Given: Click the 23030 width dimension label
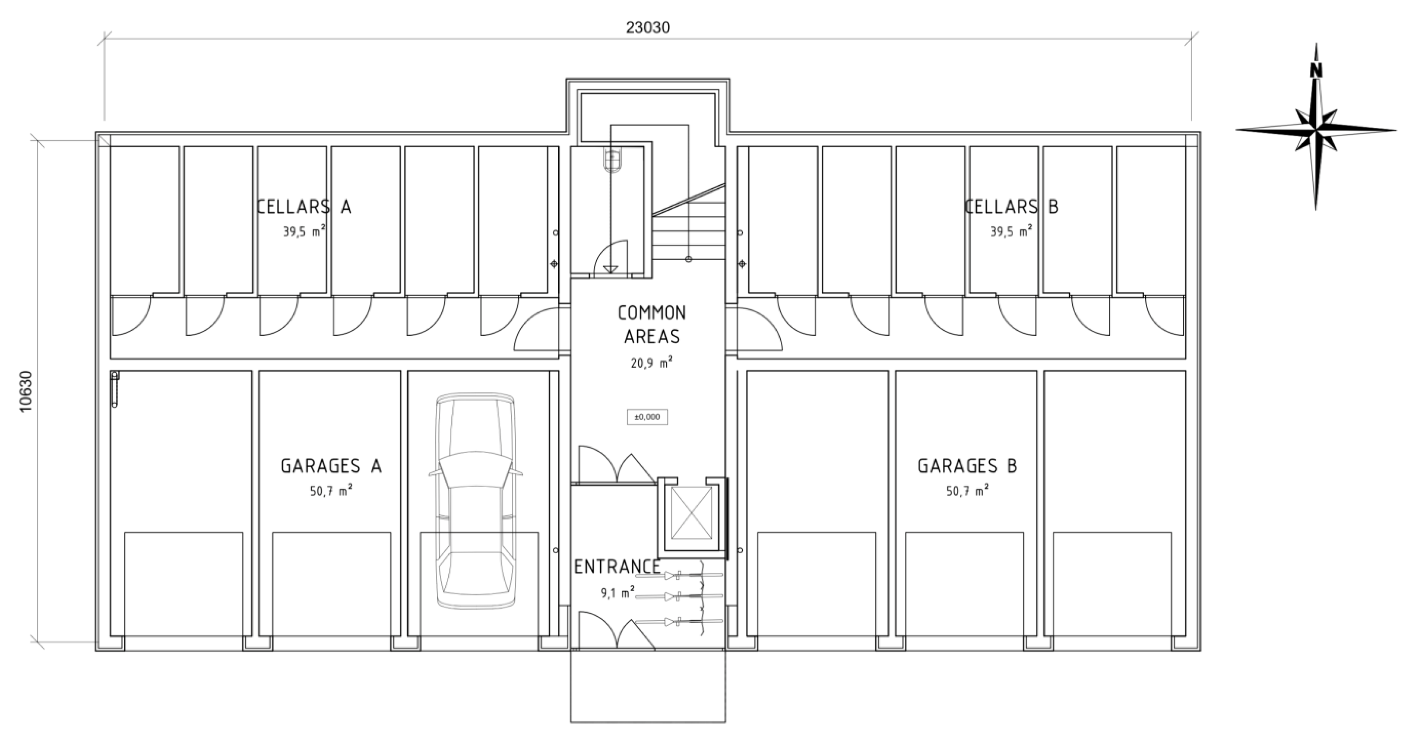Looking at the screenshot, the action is pyautogui.click(x=648, y=27).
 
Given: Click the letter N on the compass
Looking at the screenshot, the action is pyautogui.click(x=1316, y=70).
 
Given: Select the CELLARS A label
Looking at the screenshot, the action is pyautogui.click(x=304, y=207).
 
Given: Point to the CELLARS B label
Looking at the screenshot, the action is pyautogui.click(x=1011, y=207).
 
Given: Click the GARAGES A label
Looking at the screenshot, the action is pyautogui.click(x=331, y=466).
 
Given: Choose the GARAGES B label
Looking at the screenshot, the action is pyautogui.click(x=967, y=466).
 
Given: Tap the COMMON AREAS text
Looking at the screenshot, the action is pyautogui.click(x=652, y=325).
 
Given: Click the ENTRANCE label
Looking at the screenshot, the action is pyautogui.click(x=617, y=567).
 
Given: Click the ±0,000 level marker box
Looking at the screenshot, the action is pyautogui.click(x=647, y=417).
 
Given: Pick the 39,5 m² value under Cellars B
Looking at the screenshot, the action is pyautogui.click(x=1011, y=231).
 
